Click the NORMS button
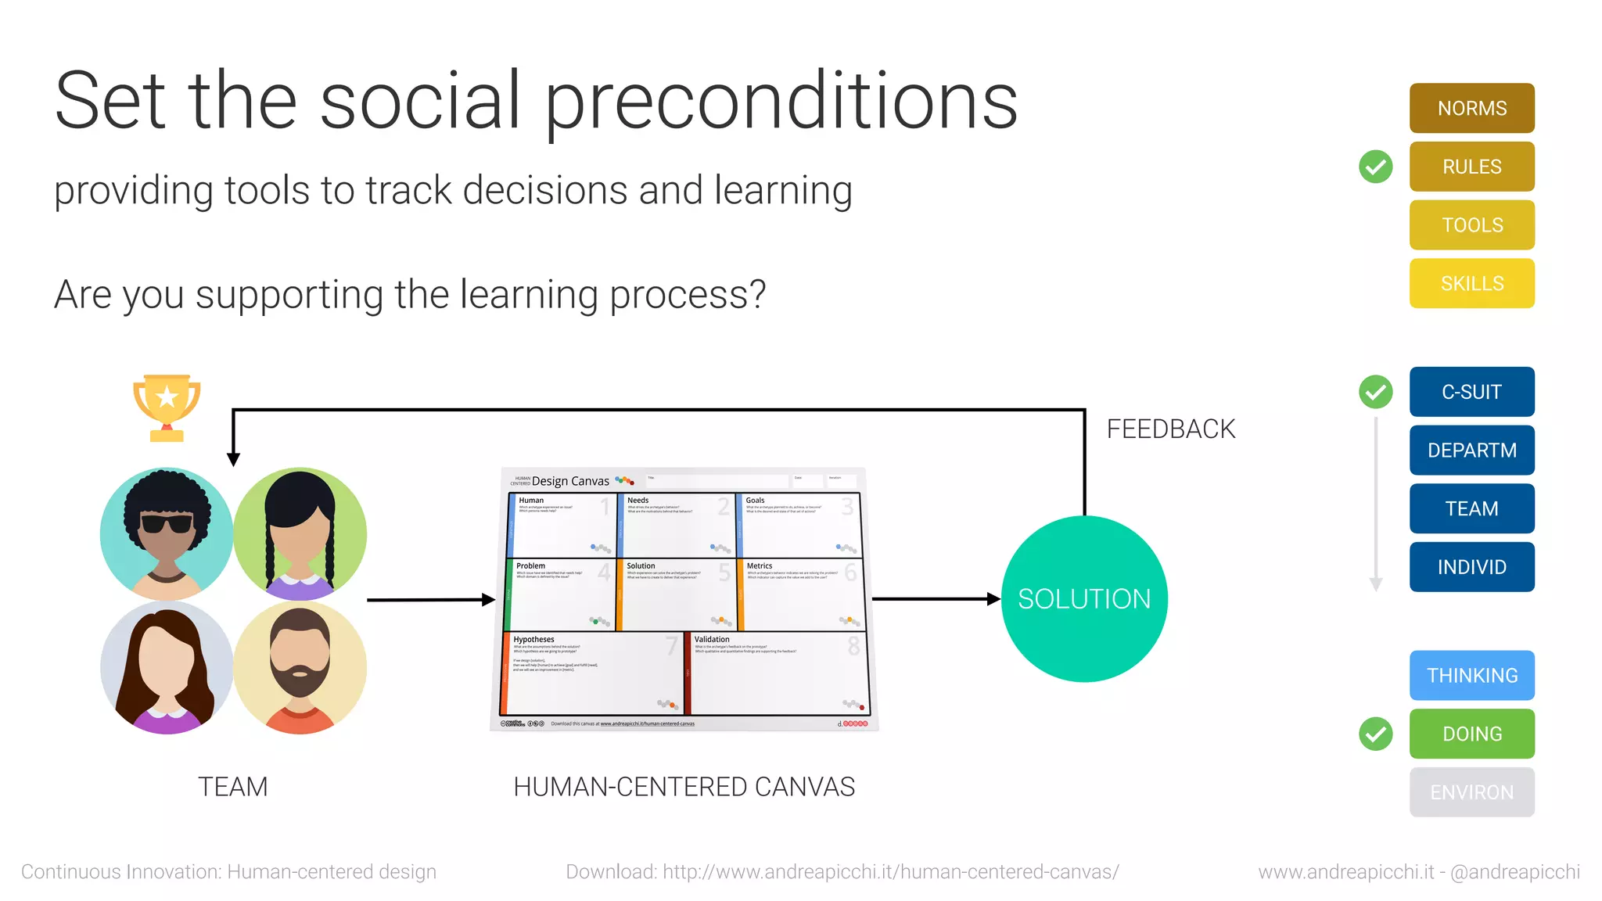[1471, 108]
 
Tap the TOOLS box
[1471, 225]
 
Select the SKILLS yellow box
[1471, 283]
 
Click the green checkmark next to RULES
[1375, 167]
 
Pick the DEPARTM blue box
[1471, 450]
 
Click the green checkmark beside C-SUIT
[1375, 392]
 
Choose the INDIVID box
[1471, 567]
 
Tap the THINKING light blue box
[1471, 675]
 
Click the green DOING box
[1471, 734]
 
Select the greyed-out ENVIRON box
[1471, 792]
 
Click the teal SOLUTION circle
[1083, 599]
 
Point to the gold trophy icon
[167, 407]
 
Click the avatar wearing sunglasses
[167, 533]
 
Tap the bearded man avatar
[300, 667]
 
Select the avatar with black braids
[300, 533]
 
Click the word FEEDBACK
[1170, 429]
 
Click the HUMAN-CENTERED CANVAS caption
[684, 787]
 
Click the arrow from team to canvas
[430, 600]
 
